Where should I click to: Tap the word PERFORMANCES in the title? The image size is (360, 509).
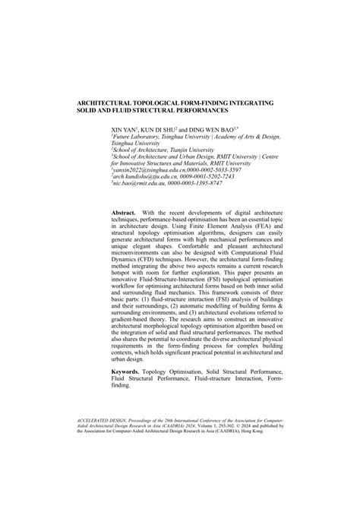214,109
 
